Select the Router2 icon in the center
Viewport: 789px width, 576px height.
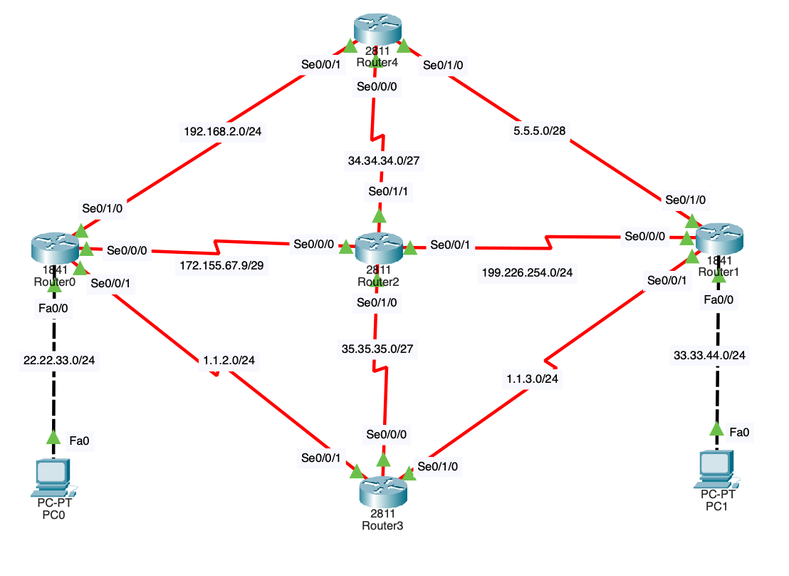(x=378, y=247)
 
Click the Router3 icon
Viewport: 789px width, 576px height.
(x=382, y=490)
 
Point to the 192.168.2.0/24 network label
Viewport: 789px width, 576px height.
(x=224, y=130)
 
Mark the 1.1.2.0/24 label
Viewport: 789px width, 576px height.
(x=229, y=361)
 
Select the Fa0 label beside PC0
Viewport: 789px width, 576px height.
(x=79, y=441)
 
